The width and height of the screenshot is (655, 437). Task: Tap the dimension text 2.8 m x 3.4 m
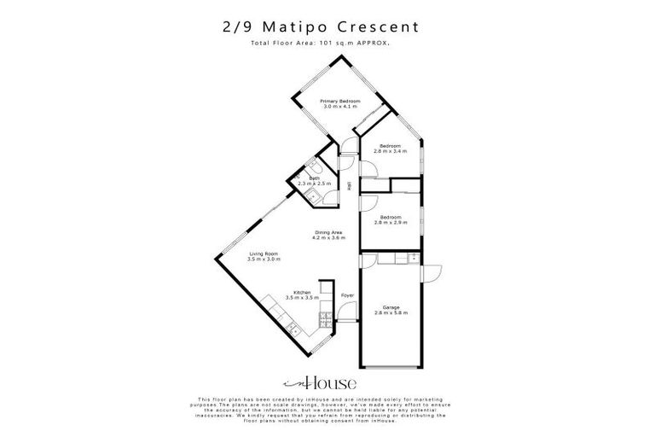tap(391, 151)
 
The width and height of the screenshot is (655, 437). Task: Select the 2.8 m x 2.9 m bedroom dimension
tap(391, 222)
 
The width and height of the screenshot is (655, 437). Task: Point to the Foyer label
tap(347, 295)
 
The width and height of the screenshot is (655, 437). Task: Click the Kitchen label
tap(302, 292)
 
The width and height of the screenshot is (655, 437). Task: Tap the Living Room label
tap(264, 253)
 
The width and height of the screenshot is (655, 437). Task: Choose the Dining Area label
tap(328, 232)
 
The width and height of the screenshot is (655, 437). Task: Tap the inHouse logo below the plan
tap(327, 382)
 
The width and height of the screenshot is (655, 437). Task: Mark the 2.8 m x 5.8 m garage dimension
tap(391, 313)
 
